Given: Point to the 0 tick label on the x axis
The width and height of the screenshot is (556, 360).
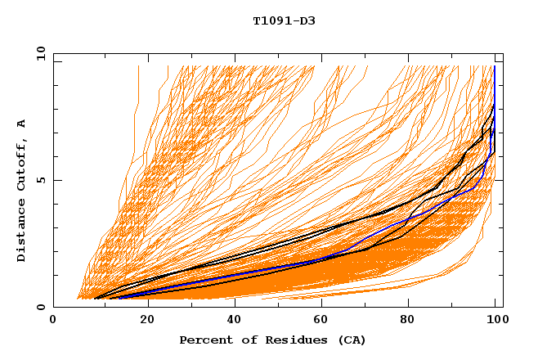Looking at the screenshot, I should tap(53, 322).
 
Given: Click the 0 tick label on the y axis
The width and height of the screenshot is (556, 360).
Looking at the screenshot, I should tap(41, 307).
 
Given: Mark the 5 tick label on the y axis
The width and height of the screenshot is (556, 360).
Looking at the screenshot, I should tap(41, 180).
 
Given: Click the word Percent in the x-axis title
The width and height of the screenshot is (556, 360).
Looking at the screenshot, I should tap(204, 340).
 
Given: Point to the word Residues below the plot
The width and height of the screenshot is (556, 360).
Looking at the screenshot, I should tap(290, 340).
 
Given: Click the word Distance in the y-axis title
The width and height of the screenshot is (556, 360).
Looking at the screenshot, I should tap(22, 232).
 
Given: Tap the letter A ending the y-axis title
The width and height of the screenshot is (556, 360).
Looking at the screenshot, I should tap(22, 124).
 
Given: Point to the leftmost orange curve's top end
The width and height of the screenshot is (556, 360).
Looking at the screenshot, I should tap(138, 66).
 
